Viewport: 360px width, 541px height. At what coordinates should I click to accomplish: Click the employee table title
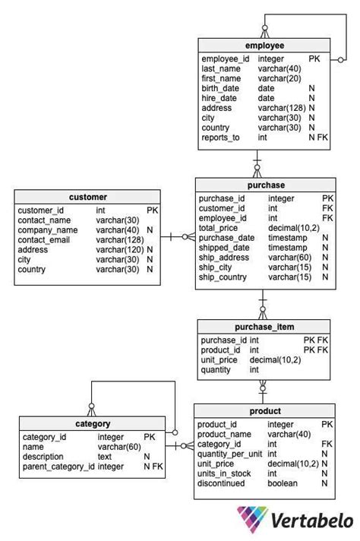click(x=264, y=46)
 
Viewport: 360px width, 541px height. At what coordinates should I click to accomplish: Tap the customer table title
click(x=88, y=197)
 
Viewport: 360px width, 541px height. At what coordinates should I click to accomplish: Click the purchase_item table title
click(x=264, y=327)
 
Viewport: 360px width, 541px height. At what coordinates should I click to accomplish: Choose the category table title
click(x=93, y=424)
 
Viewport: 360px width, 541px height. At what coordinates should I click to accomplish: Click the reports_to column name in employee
click(x=220, y=138)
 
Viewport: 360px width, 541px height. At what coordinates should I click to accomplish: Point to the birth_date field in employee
click(x=220, y=88)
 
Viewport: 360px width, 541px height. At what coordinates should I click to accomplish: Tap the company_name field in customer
click(x=48, y=230)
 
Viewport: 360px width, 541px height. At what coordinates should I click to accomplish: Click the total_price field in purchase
click(x=219, y=228)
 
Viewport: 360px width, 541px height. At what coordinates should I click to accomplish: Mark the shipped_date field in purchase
click(x=223, y=248)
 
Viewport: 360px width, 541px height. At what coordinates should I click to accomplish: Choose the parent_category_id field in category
click(x=58, y=467)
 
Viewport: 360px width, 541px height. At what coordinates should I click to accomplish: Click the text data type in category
click(x=105, y=457)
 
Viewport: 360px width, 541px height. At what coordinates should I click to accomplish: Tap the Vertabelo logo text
click(x=311, y=521)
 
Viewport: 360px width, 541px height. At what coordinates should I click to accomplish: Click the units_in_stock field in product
click(x=224, y=473)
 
